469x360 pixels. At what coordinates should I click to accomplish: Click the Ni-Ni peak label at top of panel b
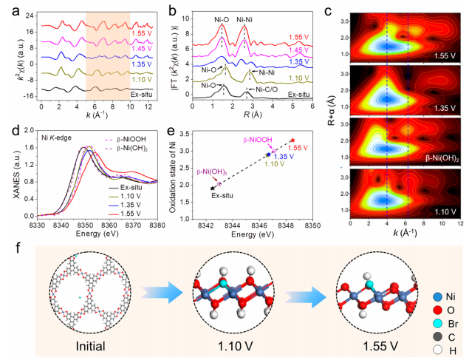point(247,18)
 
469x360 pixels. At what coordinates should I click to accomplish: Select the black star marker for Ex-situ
point(213,189)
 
